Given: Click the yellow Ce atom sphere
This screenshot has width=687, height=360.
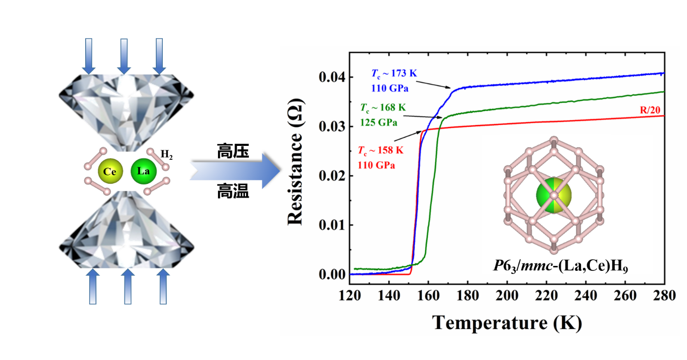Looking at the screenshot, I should (109, 172).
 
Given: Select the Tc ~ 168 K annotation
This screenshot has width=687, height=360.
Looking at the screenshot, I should (383, 107).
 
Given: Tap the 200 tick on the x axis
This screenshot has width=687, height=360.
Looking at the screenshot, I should (507, 295).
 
